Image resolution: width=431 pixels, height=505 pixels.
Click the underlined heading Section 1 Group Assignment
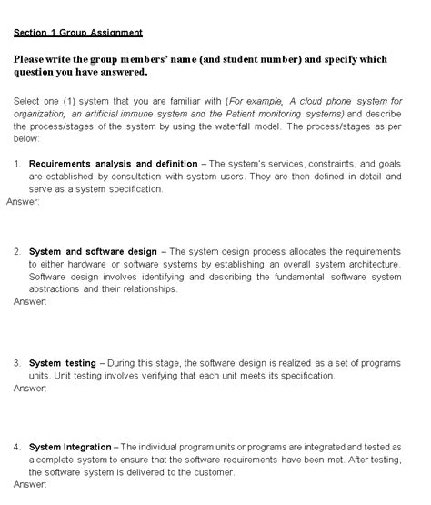(78, 33)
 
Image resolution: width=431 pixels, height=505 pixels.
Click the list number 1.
(17, 164)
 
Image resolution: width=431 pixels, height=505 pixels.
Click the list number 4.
(17, 447)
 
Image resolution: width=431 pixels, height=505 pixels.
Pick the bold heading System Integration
(71, 447)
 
